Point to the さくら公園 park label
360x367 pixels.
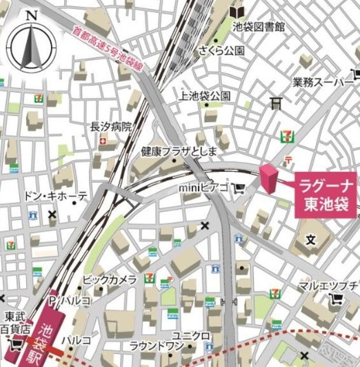click(x=221, y=50)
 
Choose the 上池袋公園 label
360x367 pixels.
click(x=204, y=95)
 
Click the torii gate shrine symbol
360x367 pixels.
click(x=277, y=103)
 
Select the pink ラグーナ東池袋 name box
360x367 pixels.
click(x=326, y=195)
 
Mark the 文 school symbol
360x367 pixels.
click(x=310, y=240)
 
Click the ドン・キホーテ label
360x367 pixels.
click(x=55, y=196)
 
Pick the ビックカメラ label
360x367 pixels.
click(x=109, y=279)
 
